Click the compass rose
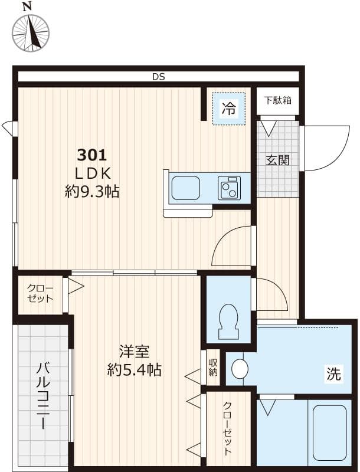[30, 32]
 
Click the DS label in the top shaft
[158, 77]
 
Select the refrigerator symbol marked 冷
[228, 108]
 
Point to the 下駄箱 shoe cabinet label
[277, 100]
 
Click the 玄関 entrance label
[277, 160]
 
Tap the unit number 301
[92, 156]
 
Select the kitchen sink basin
[185, 188]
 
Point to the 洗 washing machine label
[333, 374]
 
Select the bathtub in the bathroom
[329, 432]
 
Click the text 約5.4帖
[134, 371]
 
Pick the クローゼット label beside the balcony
[40, 293]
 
